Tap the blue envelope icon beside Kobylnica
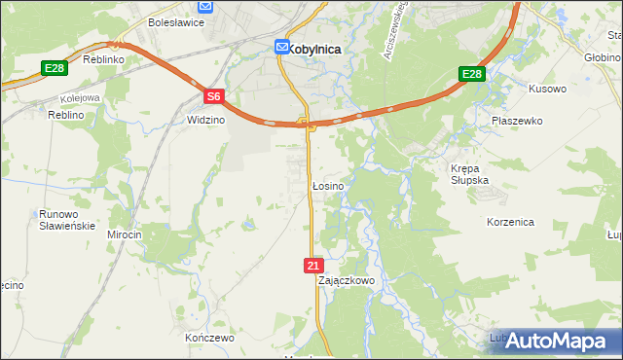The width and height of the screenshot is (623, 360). tap(281, 46)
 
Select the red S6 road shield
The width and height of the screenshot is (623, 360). tap(214, 96)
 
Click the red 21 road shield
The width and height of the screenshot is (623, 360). tap(311, 265)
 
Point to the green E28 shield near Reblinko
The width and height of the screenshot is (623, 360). tap(54, 68)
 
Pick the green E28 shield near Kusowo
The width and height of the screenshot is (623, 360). tap(471, 75)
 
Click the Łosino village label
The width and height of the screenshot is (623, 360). tap(325, 185)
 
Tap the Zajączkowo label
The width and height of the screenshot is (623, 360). tap(346, 280)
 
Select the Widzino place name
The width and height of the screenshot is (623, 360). tap(205, 120)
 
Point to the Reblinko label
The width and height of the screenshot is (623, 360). tap(100, 59)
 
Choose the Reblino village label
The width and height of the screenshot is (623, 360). tap(68, 115)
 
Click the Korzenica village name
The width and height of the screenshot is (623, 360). tap(510, 222)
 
